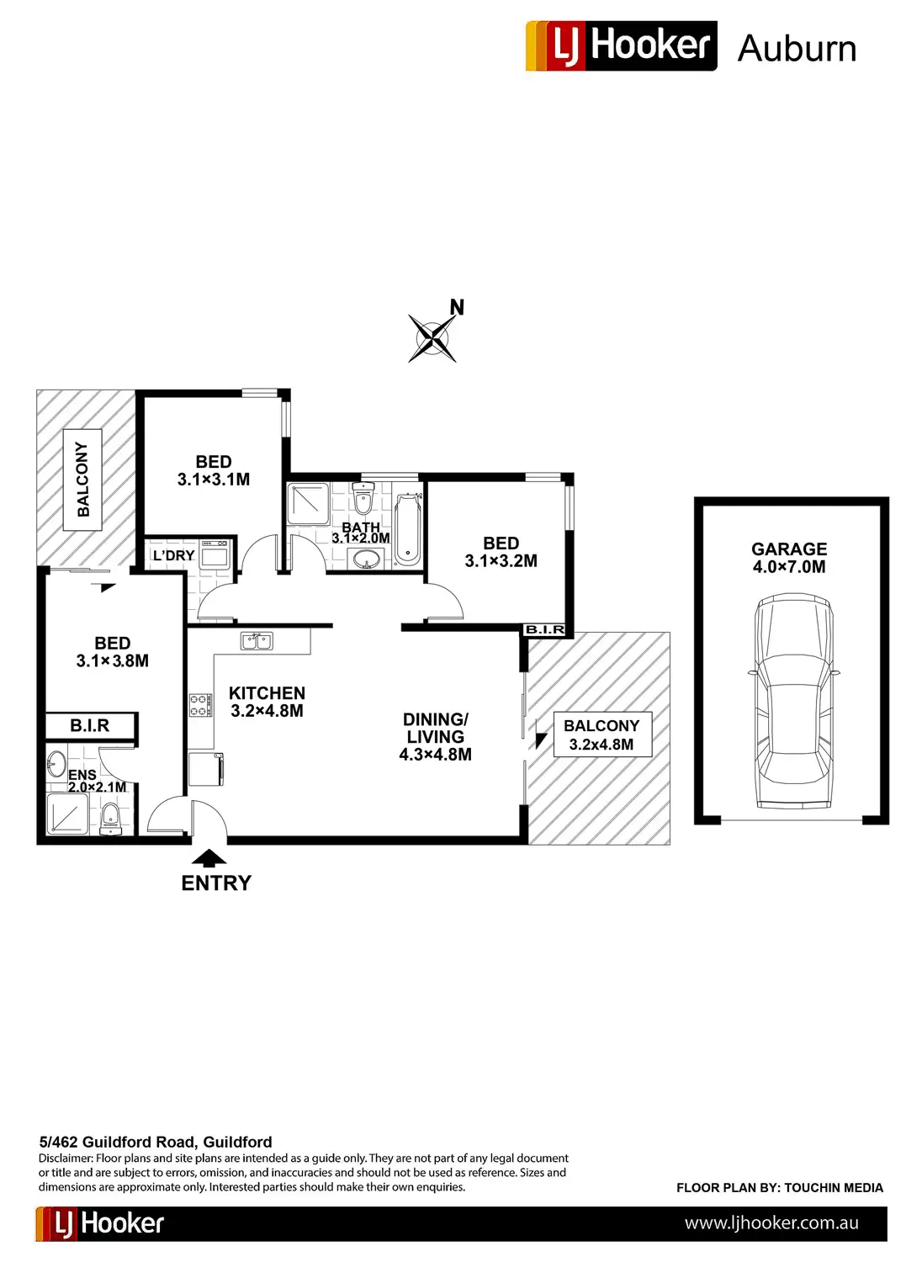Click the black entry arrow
tap(209, 858)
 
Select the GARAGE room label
tap(789, 549)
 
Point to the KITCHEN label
tap(267, 693)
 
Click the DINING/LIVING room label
tap(435, 728)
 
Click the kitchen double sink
tap(257, 641)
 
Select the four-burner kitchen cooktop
tap(199, 705)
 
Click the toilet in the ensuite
tap(111, 818)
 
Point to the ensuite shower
tap(68, 814)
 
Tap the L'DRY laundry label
tap(173, 555)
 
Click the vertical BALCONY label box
tap(82, 480)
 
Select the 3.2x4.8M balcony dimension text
tap(601, 745)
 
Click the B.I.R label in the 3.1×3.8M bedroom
tap(90, 725)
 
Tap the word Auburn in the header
tap(797, 49)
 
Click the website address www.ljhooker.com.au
tap(771, 1223)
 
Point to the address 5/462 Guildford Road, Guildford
tap(156, 1142)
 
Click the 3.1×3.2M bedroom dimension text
tap(501, 561)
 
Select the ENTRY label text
tap(216, 883)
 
